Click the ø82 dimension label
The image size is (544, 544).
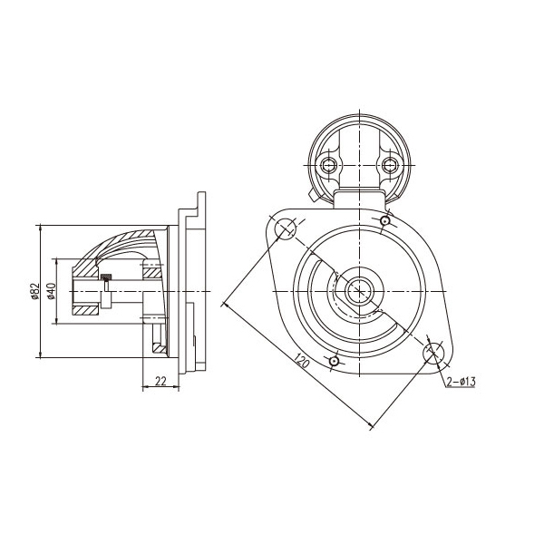pos(34,291)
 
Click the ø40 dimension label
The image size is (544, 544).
pos(51,291)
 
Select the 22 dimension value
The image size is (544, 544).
pos(160,382)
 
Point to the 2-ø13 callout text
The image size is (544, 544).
pos(461,382)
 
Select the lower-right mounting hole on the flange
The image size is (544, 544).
pos(433,353)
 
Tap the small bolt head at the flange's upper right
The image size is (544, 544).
pos(384,220)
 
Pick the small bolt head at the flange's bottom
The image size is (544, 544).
pos(334,362)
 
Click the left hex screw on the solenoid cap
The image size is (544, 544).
pos(328,165)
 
